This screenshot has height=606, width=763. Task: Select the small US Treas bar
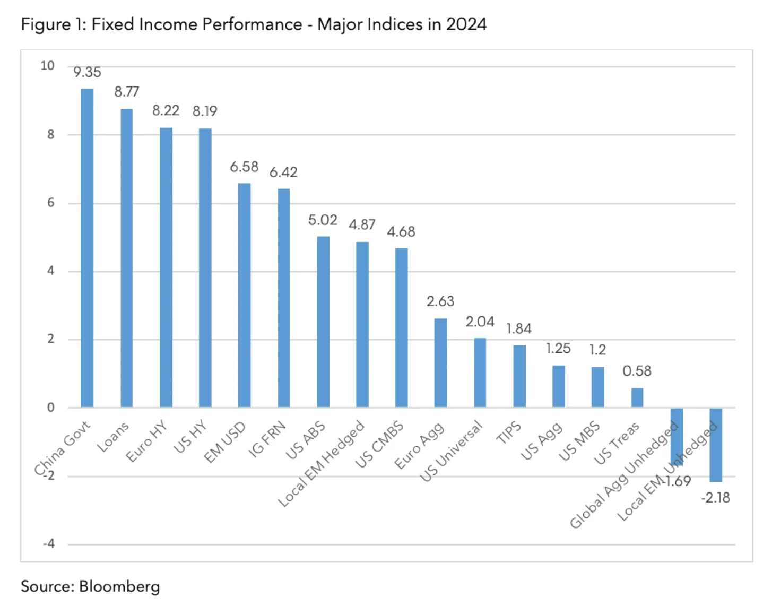[x=637, y=397]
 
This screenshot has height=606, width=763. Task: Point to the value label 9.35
[x=87, y=72]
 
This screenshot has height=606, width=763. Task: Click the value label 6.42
[x=283, y=172]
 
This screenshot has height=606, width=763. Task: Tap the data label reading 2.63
[x=440, y=301]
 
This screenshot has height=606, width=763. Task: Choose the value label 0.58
[x=637, y=371]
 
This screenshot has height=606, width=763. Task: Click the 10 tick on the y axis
[x=48, y=66]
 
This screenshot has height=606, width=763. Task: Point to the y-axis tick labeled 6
[x=51, y=203]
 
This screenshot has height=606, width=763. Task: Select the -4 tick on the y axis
[x=49, y=544]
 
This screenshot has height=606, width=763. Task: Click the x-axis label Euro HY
[x=146, y=441]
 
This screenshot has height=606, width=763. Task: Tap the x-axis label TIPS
[x=508, y=432]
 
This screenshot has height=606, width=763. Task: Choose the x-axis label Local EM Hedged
[x=322, y=463]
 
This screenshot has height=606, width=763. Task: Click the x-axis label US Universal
[x=452, y=451]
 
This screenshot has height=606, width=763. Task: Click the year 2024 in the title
[x=466, y=24]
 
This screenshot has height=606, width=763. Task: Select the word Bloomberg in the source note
[x=119, y=586]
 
